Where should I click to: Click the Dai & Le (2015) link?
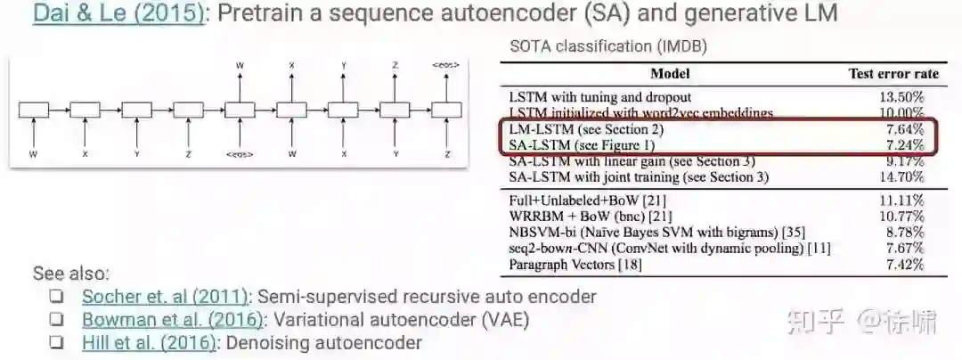tap(118, 15)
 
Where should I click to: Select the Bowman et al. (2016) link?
tap(173, 320)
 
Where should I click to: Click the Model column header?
tap(670, 74)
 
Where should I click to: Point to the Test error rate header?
tap(886, 74)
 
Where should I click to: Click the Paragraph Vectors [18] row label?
tap(562, 265)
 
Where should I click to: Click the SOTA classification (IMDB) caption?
tap(608, 46)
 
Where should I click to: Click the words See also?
tap(71, 274)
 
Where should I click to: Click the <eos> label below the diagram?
tap(240, 153)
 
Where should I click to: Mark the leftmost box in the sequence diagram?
tap(34, 110)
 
